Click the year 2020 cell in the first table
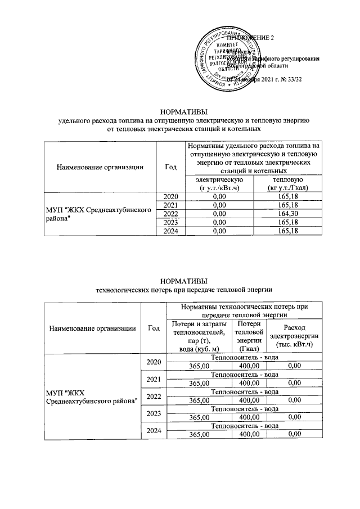click(x=170, y=195)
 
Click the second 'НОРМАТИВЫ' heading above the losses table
click(x=180, y=281)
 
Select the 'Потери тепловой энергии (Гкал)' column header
click(x=248, y=336)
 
